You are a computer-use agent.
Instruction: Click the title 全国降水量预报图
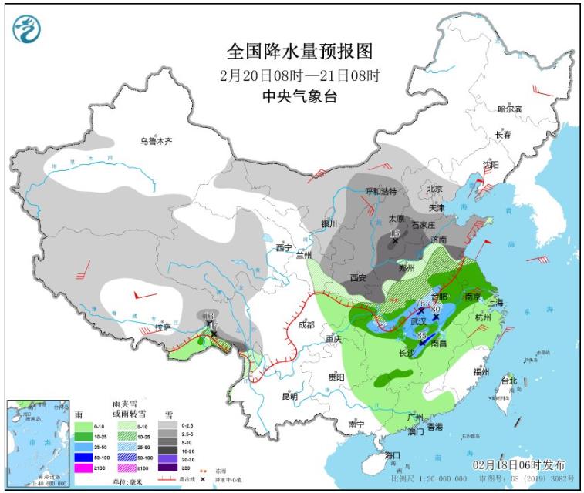point(299,52)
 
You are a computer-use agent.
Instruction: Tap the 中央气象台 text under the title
point(299,97)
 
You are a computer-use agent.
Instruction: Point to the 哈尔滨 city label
point(509,109)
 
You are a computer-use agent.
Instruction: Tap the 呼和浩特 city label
point(380,191)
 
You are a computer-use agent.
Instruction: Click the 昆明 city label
point(289,396)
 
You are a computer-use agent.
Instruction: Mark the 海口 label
point(393,455)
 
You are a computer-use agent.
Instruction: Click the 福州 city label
point(481,371)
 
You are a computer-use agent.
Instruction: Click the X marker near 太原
point(395,241)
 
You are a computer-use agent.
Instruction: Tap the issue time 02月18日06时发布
point(518,465)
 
